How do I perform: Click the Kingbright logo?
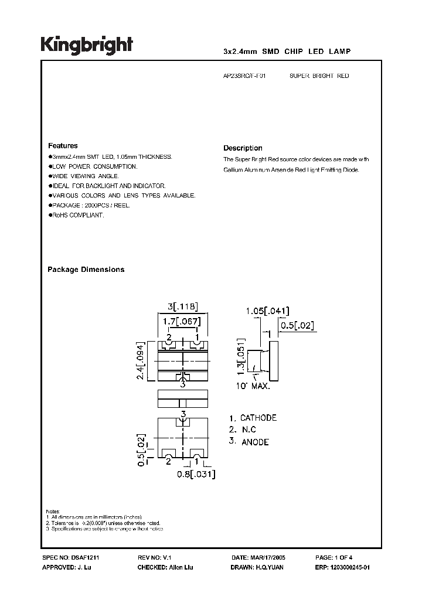pyautogui.click(x=86, y=46)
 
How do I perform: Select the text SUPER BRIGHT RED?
pyautogui.click(x=319, y=76)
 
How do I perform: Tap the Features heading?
pyautogui.click(x=62, y=145)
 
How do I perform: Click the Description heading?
pyautogui.click(x=243, y=148)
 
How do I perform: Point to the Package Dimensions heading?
pyautogui.click(x=86, y=270)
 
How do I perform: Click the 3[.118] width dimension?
pyautogui.click(x=183, y=306)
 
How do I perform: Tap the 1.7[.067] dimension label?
pyautogui.click(x=183, y=321)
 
